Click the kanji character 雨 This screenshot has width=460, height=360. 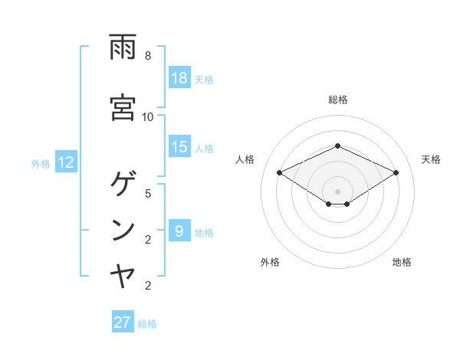[123, 47]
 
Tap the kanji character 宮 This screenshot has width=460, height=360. [123, 107]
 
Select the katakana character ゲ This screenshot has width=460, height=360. [123, 184]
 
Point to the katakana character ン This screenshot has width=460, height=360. [123, 230]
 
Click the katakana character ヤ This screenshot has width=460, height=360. [123, 276]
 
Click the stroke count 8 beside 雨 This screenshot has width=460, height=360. [147, 56]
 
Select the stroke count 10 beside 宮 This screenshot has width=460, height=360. [148, 116]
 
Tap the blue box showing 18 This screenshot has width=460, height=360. [179, 78]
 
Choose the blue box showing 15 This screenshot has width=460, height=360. [179, 147]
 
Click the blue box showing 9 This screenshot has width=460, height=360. [179, 231]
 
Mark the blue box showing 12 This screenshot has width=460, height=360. [65, 162]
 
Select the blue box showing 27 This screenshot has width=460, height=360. [123, 322]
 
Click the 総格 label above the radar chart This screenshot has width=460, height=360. [337, 100]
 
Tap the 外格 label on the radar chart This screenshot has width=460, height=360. [270, 262]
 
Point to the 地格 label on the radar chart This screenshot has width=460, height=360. [402, 262]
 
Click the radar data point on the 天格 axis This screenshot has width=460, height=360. [396, 173]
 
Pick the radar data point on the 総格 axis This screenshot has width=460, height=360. [337, 146]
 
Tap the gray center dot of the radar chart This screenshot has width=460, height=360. [337, 191]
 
